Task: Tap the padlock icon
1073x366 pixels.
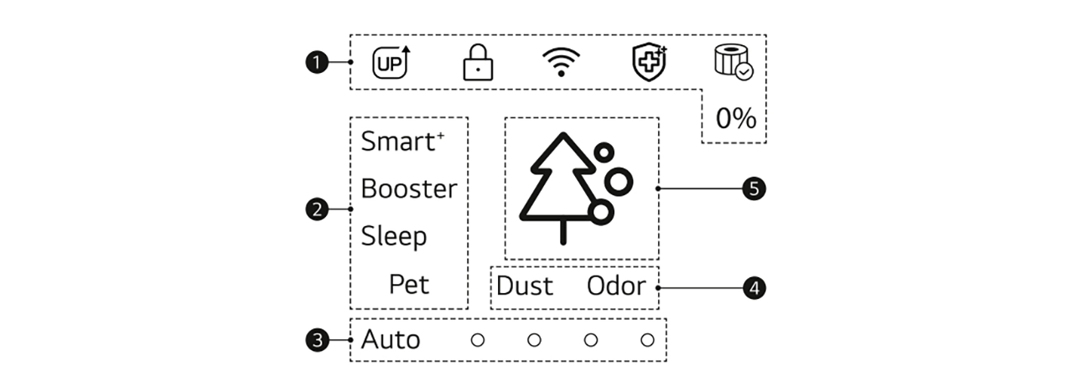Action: point(477,63)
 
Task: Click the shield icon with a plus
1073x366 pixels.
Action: point(648,63)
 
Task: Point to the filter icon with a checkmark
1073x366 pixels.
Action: point(733,63)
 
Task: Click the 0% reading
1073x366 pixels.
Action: point(736,119)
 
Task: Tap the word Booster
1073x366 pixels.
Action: point(409,189)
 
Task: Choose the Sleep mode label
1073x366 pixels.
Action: point(394,237)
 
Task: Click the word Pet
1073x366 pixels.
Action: point(409,284)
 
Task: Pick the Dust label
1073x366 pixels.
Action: point(525,286)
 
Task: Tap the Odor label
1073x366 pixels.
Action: point(616,286)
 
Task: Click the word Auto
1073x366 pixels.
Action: point(391,340)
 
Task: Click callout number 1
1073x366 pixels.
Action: point(316,63)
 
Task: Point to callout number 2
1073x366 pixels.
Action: point(316,209)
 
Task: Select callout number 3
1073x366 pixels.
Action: point(316,340)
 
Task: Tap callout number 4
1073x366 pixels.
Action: point(754,288)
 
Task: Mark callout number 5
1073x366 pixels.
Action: point(754,189)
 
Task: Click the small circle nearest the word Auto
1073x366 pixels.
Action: point(477,340)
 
